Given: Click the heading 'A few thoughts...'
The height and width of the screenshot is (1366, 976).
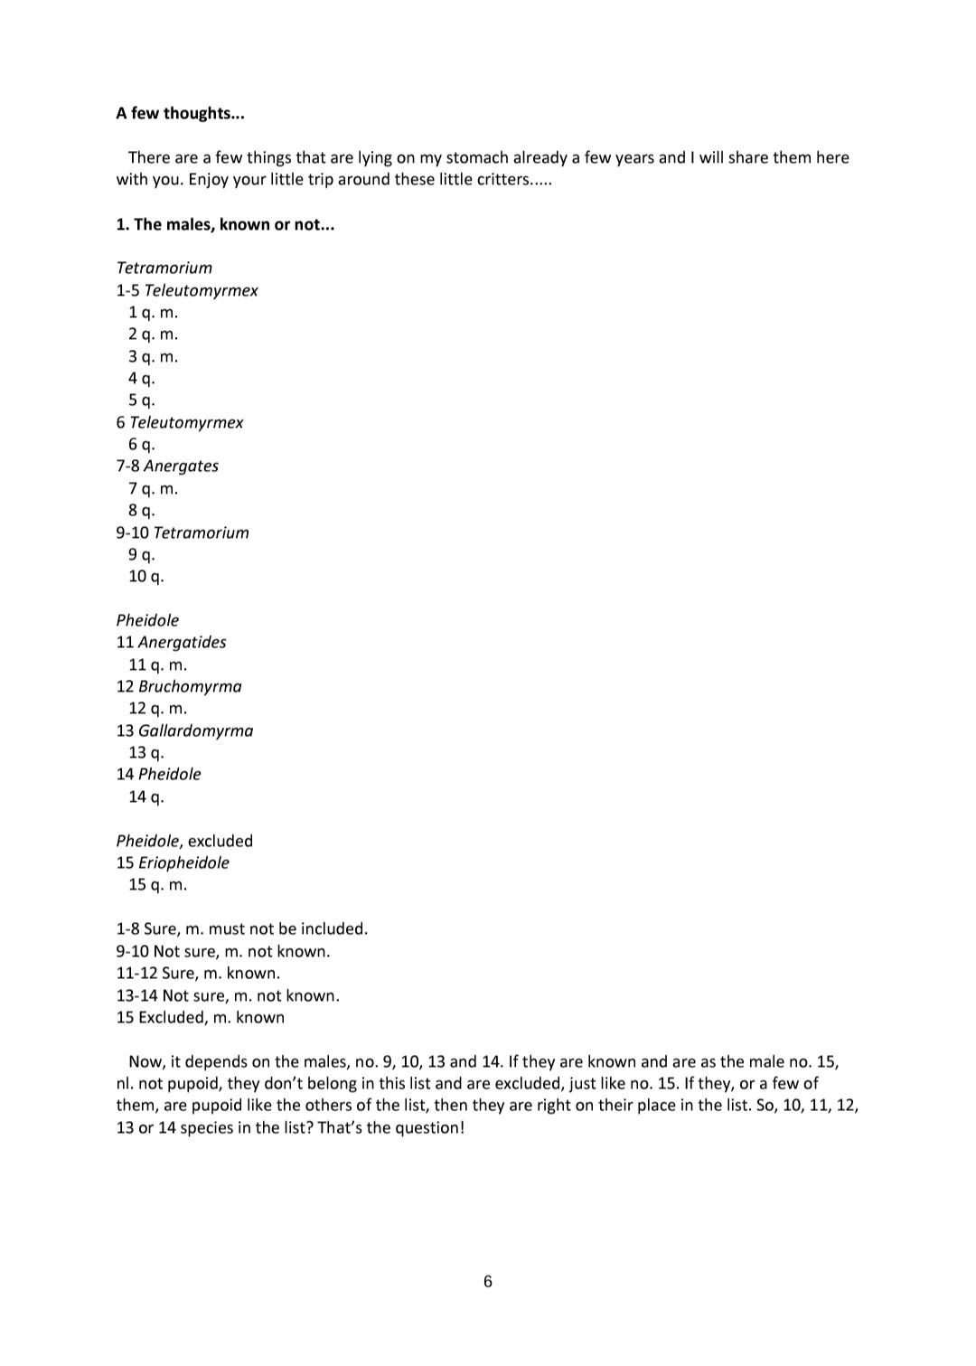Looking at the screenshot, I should (x=180, y=113).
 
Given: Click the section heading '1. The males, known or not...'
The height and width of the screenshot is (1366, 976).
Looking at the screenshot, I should (x=225, y=224).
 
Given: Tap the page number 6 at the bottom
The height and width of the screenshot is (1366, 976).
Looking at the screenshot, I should (x=488, y=1281).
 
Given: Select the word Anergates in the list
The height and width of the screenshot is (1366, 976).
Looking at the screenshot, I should (x=181, y=466).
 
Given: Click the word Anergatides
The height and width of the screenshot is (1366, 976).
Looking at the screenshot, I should (x=182, y=643).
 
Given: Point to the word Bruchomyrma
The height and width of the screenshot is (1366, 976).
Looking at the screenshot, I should (x=190, y=686).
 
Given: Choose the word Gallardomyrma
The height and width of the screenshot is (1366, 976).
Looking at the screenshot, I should (x=195, y=730).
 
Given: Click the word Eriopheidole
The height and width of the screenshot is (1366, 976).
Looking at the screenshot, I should (x=183, y=862).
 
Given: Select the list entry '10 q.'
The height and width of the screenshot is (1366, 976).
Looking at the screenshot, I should (x=145, y=577).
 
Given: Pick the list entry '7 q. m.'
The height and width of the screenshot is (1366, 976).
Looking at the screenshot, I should (x=153, y=489).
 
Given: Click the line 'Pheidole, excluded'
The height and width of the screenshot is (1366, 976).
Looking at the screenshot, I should (x=184, y=841).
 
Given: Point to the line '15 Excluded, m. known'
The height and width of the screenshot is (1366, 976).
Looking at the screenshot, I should (x=200, y=1017).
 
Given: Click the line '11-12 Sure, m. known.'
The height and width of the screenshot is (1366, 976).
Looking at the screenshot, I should (x=198, y=973).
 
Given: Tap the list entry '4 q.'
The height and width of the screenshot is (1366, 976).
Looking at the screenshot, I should (x=141, y=379).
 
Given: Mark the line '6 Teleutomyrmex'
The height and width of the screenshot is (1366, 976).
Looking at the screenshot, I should (x=180, y=422).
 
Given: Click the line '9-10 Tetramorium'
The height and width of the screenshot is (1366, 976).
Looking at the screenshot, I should (x=183, y=532).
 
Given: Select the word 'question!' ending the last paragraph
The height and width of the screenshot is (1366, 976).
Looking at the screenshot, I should (x=429, y=1127).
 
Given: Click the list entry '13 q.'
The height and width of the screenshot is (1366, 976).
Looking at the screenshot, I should (x=145, y=753).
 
